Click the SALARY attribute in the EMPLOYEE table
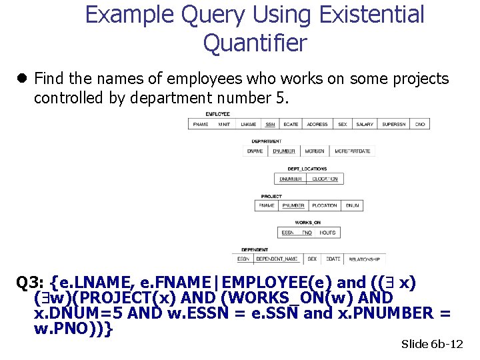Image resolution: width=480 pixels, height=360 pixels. click(365, 124)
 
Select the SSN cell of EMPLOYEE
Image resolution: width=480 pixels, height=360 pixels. click(270, 124)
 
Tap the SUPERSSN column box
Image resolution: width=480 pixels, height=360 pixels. click(394, 124)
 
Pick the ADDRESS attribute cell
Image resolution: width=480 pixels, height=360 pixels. click(317, 124)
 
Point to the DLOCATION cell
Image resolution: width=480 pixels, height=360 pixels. click(325, 179)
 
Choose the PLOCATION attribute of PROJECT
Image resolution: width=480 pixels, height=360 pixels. click(325, 206)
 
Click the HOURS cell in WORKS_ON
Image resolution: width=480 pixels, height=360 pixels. click(327, 233)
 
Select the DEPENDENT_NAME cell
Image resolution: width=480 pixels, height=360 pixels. click(277, 259)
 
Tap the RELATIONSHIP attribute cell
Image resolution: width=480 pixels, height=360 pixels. click(364, 259)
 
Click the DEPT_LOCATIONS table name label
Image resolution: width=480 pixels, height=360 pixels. click(307, 169)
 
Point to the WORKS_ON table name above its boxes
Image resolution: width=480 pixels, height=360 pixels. click(308, 223)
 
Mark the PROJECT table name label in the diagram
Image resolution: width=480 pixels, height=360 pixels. click(271, 197)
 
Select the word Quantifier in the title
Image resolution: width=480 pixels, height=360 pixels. click(255, 43)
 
